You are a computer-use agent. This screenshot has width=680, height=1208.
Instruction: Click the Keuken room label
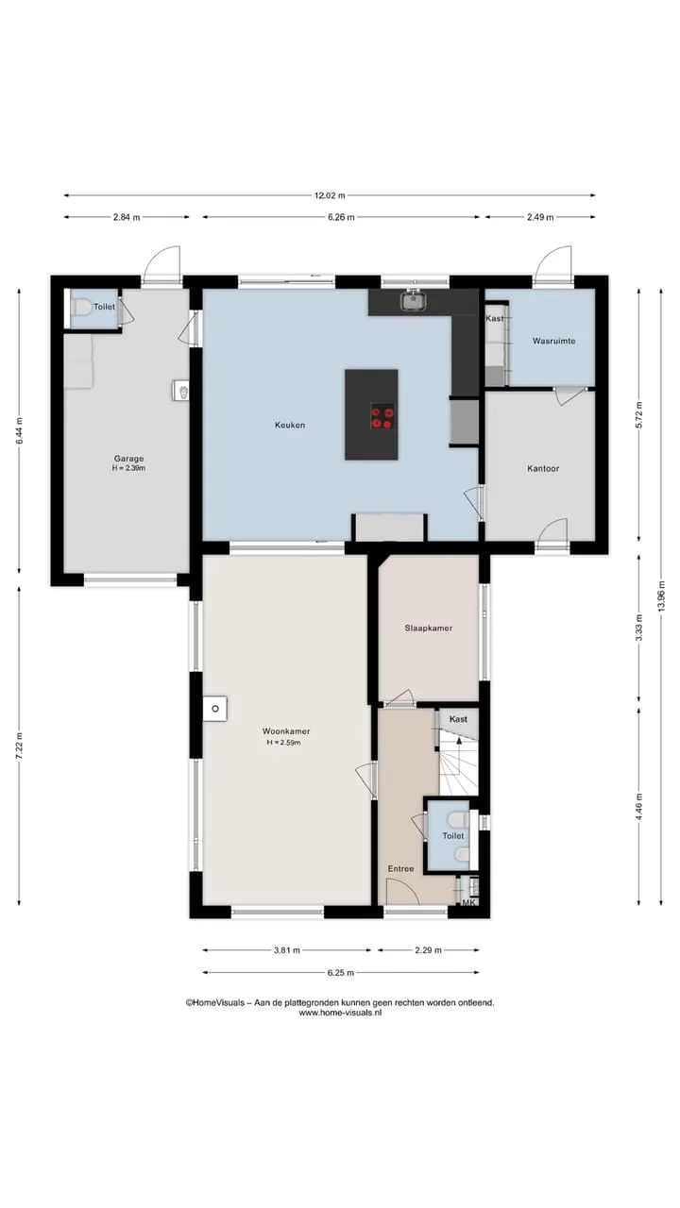[290, 425]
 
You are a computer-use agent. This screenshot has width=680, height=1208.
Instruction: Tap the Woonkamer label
[286, 731]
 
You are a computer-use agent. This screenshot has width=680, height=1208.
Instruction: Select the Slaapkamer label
[429, 628]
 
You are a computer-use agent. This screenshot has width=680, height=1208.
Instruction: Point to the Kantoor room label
[543, 468]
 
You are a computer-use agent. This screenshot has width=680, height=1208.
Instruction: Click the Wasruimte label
[553, 341]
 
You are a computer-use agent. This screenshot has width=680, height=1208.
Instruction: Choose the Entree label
[401, 869]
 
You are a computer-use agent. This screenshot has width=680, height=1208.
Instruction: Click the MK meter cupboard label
[468, 902]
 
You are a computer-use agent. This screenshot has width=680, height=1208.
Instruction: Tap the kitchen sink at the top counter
[414, 300]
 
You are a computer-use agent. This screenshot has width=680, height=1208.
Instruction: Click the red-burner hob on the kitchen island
[382, 417]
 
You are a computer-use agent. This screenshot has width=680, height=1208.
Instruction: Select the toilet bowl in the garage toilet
[81, 308]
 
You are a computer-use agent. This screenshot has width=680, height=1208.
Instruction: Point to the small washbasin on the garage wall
[181, 391]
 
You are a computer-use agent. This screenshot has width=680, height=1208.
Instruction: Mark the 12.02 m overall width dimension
[330, 195]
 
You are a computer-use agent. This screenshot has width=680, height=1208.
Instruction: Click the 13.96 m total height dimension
[662, 596]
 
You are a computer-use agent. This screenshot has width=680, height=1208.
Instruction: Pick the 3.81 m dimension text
[286, 950]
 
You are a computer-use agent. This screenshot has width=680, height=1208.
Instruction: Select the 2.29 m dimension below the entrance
[429, 950]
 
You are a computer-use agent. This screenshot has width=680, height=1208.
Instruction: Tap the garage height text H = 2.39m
[128, 468]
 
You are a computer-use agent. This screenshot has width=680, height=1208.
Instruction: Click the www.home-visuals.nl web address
[340, 1013]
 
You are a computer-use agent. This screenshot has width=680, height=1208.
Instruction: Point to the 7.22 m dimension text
[20, 746]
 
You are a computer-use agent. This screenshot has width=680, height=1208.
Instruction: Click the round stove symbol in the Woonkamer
[215, 709]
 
